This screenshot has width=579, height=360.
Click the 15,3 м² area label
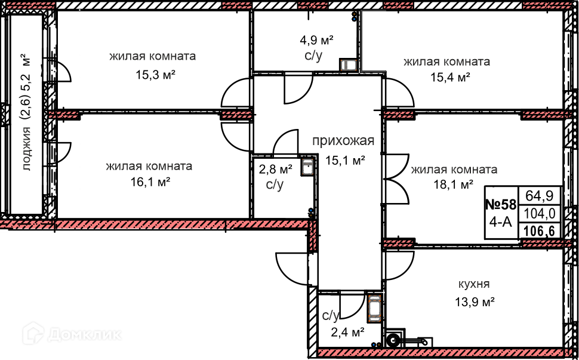pos(152,74)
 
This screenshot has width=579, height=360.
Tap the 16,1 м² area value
pos(149,182)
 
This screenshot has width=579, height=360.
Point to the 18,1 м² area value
pos(454,184)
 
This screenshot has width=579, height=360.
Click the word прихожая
pos(343,141)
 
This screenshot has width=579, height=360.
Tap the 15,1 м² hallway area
pos(345,159)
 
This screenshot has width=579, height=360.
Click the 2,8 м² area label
pos(275,169)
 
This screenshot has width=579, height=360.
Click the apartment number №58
pos(500,205)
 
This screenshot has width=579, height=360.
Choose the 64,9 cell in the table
pos(540,195)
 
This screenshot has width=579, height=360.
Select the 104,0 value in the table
pos(540,213)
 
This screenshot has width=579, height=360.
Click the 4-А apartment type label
pos(500,223)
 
